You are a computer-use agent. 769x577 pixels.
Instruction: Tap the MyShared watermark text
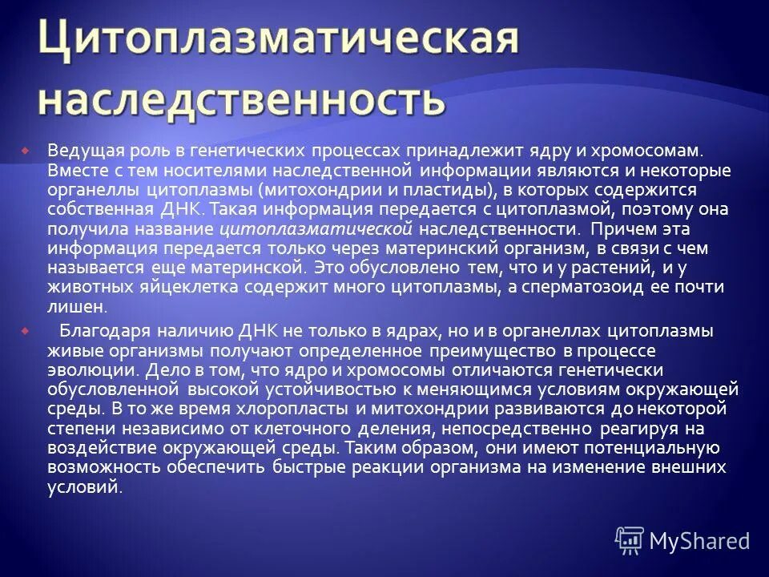pyautogui.click(x=699, y=539)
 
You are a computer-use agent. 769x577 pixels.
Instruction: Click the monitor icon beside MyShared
pyautogui.click(x=630, y=539)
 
